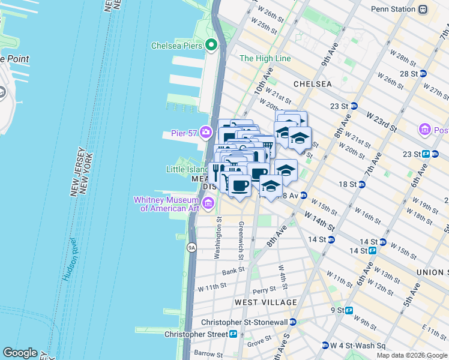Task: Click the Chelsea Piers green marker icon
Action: click(211, 45)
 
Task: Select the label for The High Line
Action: click(265, 58)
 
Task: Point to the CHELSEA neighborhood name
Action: click(312, 84)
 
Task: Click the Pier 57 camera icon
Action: click(206, 132)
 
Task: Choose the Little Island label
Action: click(187, 169)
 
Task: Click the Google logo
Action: click(20, 353)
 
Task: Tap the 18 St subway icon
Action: click(362, 184)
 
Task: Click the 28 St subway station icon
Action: click(423, 74)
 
